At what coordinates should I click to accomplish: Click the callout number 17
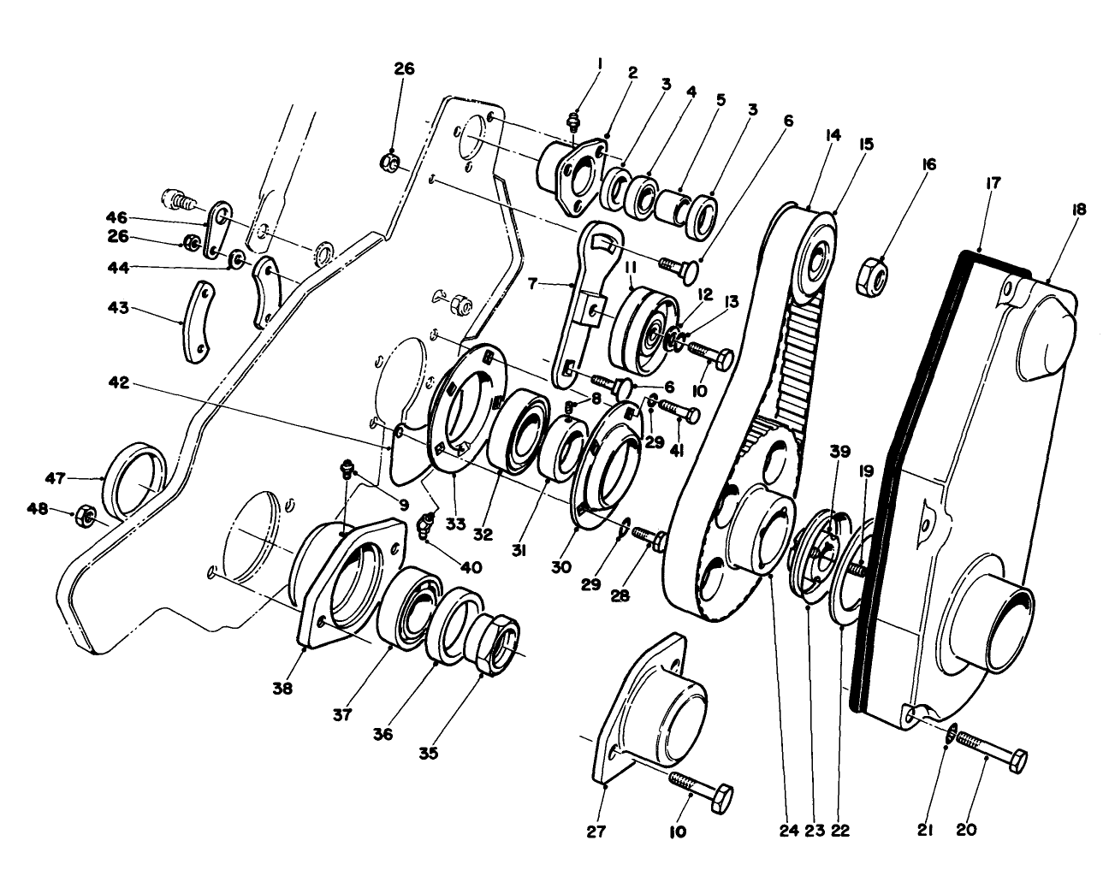click(x=993, y=182)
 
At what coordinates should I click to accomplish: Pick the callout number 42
click(x=119, y=384)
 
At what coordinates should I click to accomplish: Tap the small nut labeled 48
click(x=86, y=516)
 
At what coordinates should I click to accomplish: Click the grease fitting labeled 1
click(x=574, y=121)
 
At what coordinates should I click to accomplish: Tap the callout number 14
click(x=833, y=134)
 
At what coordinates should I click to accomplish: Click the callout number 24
click(x=788, y=829)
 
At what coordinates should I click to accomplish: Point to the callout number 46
click(x=116, y=217)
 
